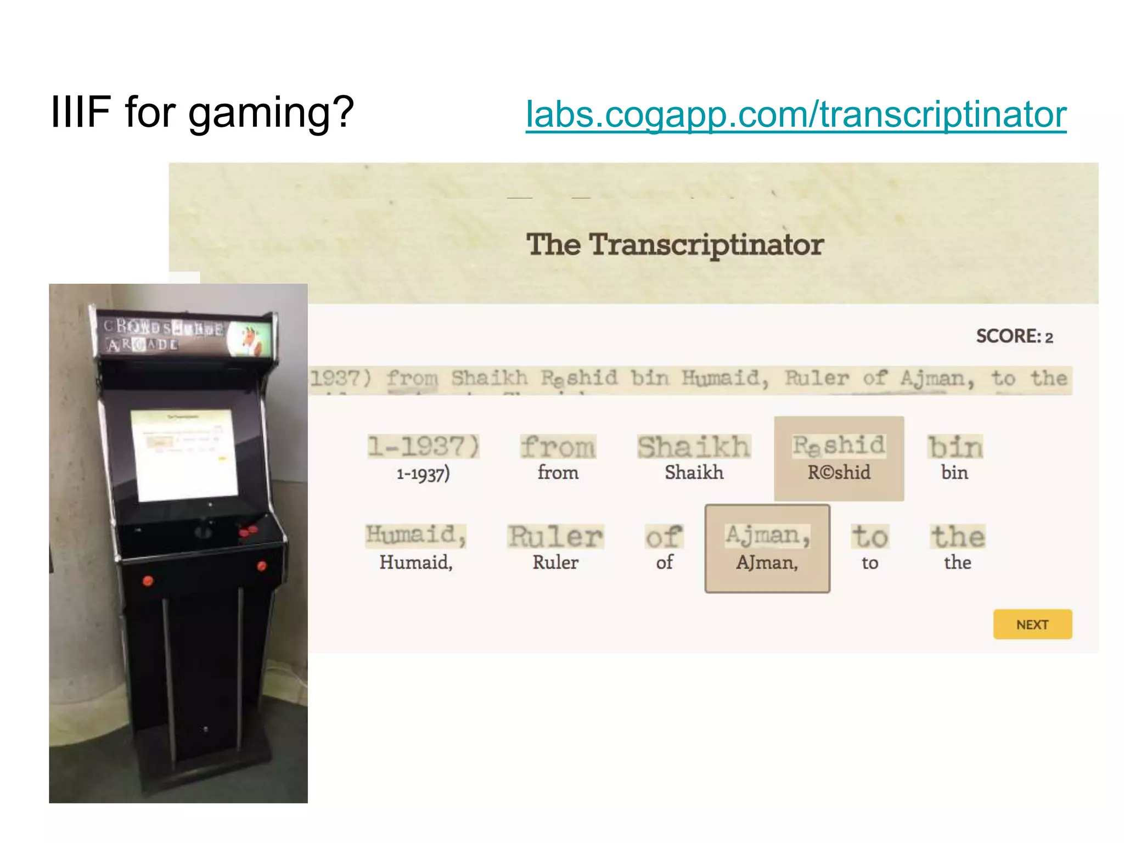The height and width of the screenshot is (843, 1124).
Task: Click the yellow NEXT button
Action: pos(1032,625)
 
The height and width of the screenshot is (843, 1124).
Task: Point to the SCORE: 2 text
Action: pos(1014,336)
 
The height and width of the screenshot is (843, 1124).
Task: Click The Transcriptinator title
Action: pos(675,244)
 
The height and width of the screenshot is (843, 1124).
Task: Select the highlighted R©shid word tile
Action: pos(839,459)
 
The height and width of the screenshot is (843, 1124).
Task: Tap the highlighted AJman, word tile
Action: pos(767,549)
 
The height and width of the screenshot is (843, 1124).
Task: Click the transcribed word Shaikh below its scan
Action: pos(694,473)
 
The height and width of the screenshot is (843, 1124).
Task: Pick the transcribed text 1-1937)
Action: pos(423,473)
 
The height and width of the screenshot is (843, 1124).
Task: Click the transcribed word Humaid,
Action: pos(415,563)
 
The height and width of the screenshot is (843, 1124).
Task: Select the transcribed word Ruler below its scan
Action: pos(555,563)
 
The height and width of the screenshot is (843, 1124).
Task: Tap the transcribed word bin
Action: pos(954,473)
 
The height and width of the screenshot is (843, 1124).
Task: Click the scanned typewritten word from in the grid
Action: pos(558,447)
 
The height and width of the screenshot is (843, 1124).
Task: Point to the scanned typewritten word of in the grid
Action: pos(664,536)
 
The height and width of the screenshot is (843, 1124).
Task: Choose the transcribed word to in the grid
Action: pos(869,563)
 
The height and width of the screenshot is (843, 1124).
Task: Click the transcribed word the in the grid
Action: pos(957,563)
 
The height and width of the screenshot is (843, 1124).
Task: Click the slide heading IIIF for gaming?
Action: pos(202,113)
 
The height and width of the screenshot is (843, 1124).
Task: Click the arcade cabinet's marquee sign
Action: pos(184,334)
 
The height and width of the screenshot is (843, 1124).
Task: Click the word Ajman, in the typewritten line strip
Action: pos(937,379)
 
